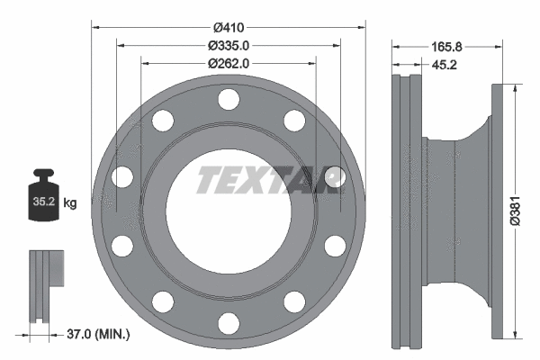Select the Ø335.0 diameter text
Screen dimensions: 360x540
coord(229,45)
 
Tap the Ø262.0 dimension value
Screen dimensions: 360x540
coord(229,63)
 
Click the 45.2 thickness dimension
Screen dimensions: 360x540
coord(433,64)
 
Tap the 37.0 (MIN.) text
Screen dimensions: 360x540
coord(100,335)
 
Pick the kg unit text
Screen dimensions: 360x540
coord(71,202)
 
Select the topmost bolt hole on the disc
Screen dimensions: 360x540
coord(229,98)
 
